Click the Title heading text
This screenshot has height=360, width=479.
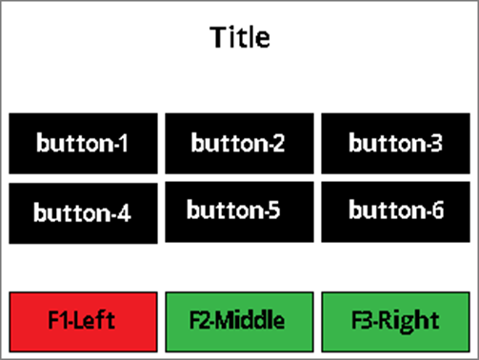240,37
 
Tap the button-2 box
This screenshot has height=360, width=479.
239,144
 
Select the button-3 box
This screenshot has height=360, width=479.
395,144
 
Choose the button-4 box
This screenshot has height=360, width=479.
83,213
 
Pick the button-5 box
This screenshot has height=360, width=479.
239,211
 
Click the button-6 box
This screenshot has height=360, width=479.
395,211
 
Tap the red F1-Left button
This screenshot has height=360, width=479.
83,322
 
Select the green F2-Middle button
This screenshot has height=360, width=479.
239,322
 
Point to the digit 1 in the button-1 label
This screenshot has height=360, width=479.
124,143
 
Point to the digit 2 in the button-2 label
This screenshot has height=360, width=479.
278,143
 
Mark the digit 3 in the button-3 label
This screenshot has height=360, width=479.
435,143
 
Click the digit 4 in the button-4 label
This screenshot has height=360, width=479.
124,212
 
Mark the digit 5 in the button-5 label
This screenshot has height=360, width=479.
273,210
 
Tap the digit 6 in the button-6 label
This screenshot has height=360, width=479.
437,210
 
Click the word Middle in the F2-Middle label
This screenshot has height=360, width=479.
251,320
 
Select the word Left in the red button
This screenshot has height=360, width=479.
95,319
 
